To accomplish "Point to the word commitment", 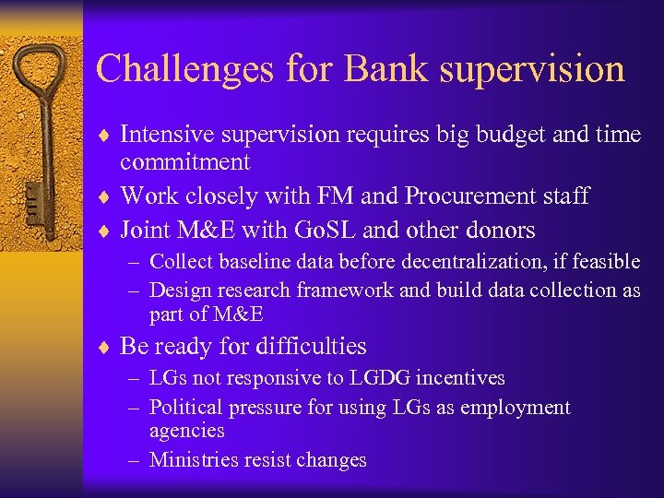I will [184, 163].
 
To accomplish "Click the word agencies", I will [186, 431].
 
